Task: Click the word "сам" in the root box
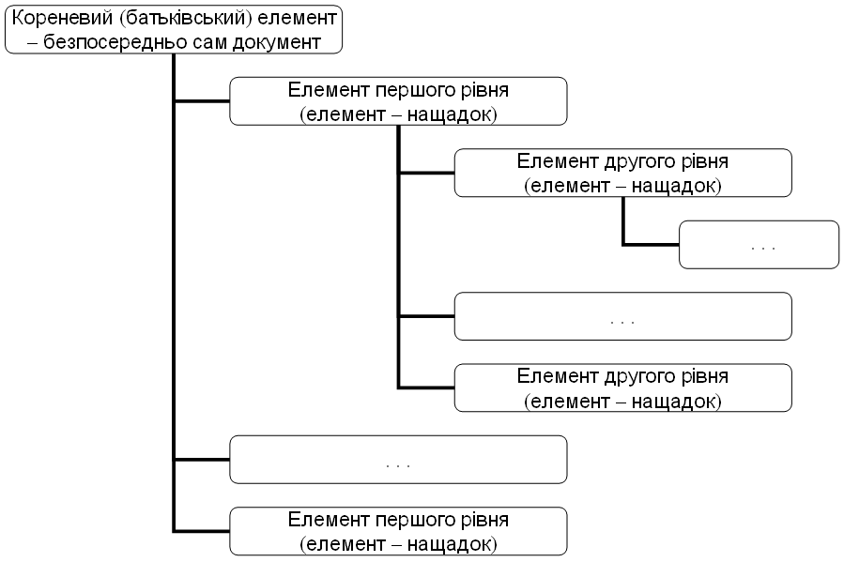200,41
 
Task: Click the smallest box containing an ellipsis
759,245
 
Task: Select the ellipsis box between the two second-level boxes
622,316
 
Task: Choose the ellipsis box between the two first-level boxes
398,459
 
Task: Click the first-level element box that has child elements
398,101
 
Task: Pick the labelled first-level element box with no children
398,531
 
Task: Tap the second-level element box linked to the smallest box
622,174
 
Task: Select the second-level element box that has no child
622,387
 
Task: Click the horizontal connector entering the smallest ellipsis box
652,245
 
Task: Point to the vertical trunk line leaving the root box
175,281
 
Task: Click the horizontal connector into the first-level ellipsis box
202,459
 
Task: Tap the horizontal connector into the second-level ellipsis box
426,316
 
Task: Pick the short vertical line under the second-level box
623,220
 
